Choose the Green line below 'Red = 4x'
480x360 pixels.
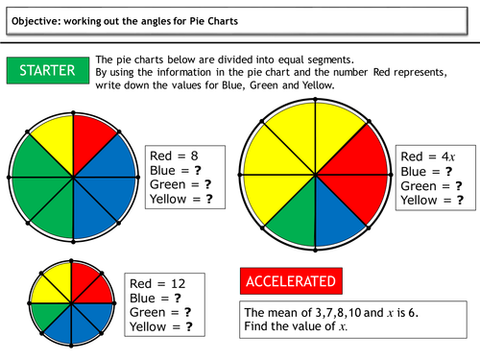point(433,185)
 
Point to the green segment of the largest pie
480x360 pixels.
point(293,219)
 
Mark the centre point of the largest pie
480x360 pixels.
point(319,177)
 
